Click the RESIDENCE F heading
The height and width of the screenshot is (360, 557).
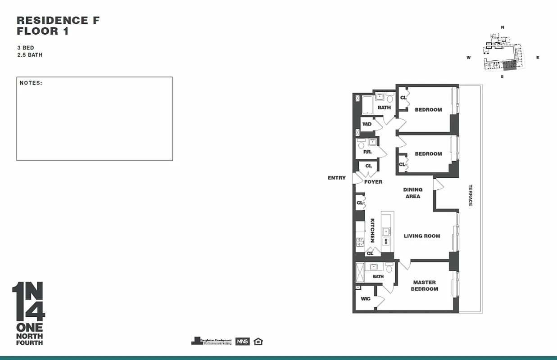click(58, 20)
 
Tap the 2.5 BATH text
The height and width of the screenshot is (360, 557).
click(30, 55)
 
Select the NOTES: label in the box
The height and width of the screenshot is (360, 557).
click(31, 83)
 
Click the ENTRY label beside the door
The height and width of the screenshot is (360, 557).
click(336, 178)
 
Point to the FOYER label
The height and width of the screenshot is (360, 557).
click(373, 182)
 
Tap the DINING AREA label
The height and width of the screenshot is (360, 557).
click(413, 193)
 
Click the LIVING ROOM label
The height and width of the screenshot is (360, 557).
click(422, 236)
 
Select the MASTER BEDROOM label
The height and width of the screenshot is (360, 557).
click(424, 286)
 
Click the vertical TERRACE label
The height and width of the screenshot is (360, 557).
click(470, 195)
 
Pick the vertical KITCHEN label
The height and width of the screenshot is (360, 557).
click(373, 230)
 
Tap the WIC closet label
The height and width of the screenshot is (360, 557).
click(366, 299)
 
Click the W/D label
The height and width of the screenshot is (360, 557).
click(367, 124)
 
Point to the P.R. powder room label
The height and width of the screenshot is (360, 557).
click(367, 152)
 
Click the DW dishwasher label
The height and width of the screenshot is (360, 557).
click(386, 242)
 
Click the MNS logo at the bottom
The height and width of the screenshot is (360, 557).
click(242, 341)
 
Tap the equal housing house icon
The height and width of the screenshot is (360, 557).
click(258, 341)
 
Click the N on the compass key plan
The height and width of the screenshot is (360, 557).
click(503, 27)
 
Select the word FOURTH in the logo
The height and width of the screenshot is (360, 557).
click(29, 343)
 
